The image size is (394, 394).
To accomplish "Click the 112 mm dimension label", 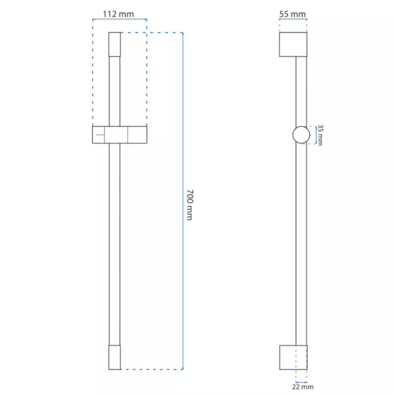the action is [x=118, y=14].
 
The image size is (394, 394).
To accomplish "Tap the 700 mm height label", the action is [x=190, y=205].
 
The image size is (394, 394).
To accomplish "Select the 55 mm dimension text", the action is [x=293, y=14].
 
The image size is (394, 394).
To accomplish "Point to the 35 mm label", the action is [x=320, y=135].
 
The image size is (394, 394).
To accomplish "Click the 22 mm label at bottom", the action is [x=303, y=387].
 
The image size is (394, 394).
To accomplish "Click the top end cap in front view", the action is [x=114, y=44].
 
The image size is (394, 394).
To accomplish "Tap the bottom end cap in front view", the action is [x=114, y=357].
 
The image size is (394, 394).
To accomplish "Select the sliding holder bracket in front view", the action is [x=120, y=134].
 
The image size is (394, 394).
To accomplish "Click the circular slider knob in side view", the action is [x=302, y=135].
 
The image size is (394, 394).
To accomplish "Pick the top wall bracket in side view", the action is [x=293, y=44].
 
